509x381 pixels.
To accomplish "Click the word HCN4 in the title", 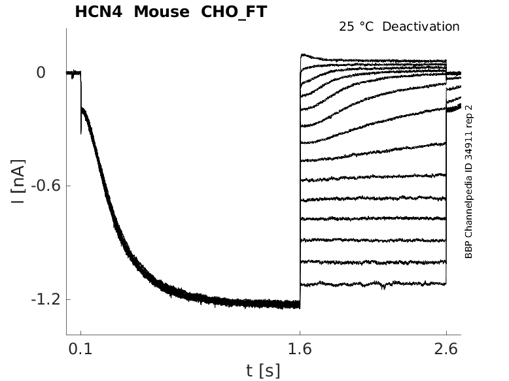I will pos(97,12).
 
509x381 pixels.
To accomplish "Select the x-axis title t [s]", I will pos(263,371).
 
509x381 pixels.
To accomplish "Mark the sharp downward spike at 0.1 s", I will pos(80,127).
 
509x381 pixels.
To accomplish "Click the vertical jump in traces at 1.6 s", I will pos(300,183).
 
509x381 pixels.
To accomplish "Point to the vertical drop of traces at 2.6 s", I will pos(446,183).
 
